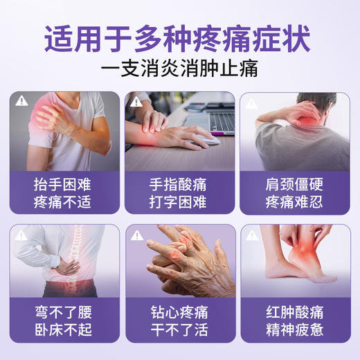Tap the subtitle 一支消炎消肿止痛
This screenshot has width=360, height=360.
pos(180,71)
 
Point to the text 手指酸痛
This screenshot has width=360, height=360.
pos(179,186)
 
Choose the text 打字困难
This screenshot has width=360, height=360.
pos(179,204)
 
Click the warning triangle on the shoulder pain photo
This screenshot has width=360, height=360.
pos(22,101)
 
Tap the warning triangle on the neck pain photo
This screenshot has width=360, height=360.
pos(253,101)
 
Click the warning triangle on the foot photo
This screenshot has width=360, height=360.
pos(253,235)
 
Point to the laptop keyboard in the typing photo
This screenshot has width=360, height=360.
pos(220,123)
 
